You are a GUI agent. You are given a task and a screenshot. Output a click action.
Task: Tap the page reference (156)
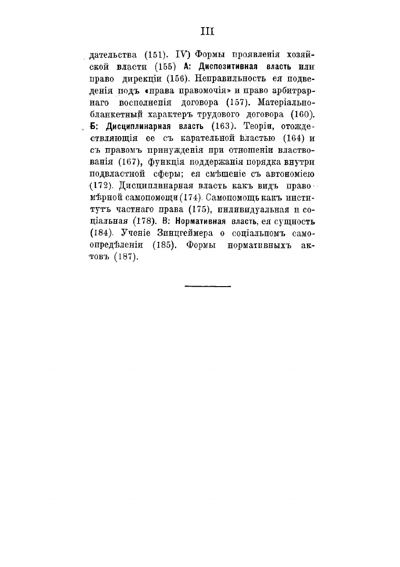(x=180, y=78)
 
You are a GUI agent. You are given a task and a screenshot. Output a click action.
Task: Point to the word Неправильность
(x=232, y=78)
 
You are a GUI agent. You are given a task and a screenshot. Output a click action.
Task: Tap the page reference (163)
(x=224, y=126)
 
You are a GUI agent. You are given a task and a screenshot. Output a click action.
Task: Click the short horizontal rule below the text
(x=207, y=286)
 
